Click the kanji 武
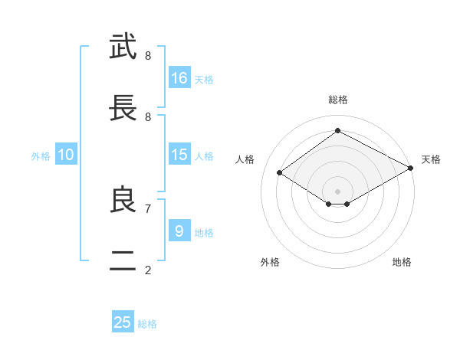[123, 46]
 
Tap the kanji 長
[123, 107]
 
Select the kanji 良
[123, 199]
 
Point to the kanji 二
[123, 260]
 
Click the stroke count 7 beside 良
[148, 209]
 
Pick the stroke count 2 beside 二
[148, 270]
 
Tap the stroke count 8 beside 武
[148, 55]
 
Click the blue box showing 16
[179, 77]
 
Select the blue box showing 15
[179, 154]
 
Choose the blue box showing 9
[179, 230]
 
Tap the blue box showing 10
[66, 154]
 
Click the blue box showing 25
[123, 321]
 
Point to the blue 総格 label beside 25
[147, 324]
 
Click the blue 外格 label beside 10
[41, 156]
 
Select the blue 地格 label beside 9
[204, 233]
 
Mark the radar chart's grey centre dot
[337, 191]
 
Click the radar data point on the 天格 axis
[411, 168]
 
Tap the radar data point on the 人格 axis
[280, 172]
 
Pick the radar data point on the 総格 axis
[337, 130]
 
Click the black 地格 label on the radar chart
[402, 262]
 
